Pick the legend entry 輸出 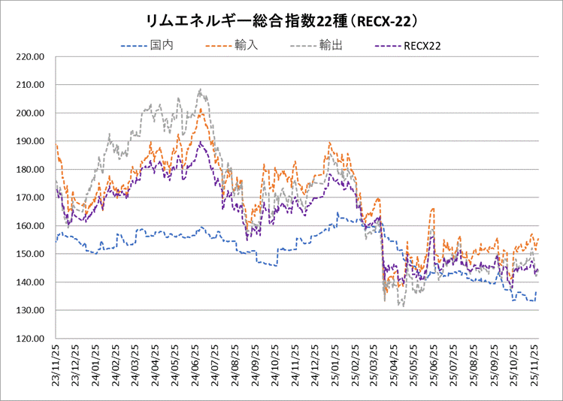[x=331, y=46]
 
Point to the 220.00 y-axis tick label [x=32, y=56]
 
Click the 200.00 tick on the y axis [x=32, y=113]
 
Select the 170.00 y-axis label [x=32, y=197]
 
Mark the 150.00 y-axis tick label [x=32, y=254]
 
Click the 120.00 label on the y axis [x=32, y=339]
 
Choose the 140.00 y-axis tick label [x=32, y=282]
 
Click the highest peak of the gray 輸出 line [x=201, y=89]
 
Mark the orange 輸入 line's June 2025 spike [x=433, y=209]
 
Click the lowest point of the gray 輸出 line [x=403, y=306]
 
